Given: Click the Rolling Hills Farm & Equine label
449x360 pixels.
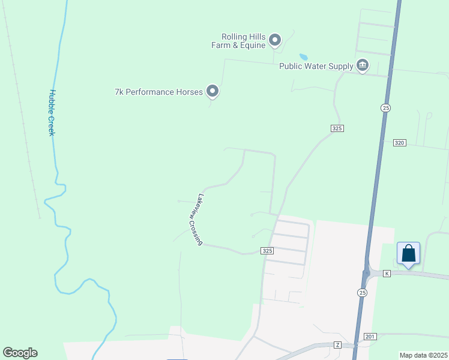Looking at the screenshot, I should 238,41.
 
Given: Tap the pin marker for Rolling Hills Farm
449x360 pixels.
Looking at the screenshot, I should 276,40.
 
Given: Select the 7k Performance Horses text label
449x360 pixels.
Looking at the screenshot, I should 158,92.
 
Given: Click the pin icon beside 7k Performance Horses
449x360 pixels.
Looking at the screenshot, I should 212,91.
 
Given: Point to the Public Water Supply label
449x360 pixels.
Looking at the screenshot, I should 316,66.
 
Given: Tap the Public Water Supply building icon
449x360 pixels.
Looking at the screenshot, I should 362,65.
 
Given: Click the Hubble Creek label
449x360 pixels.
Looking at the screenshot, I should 52,113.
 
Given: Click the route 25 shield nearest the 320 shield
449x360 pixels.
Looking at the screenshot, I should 385,107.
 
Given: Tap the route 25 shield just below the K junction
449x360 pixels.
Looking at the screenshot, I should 362,292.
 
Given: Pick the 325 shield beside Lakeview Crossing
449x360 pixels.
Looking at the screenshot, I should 267,250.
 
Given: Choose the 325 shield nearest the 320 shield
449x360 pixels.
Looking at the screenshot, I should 337,128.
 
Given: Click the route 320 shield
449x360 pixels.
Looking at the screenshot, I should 400,143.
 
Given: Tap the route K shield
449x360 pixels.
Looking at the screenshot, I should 387,274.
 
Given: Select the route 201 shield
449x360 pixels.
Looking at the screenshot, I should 370,337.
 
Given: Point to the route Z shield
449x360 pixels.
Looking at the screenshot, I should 338,345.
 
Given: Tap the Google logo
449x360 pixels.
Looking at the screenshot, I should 20,353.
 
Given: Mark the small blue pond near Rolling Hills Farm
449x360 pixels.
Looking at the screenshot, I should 304,57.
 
